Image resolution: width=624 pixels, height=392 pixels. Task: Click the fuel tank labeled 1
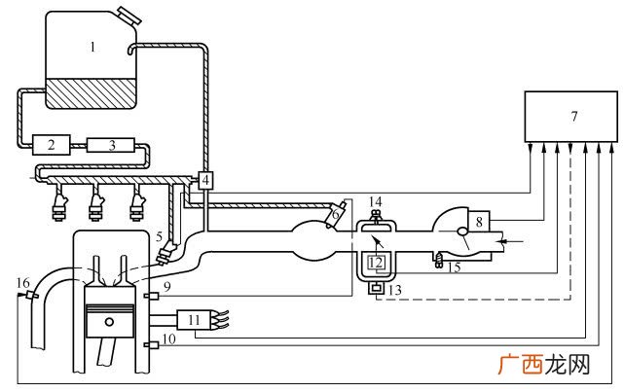click(92, 59)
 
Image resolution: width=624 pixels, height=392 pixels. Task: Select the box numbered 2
click(52, 145)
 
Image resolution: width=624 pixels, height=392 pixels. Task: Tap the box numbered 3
click(111, 145)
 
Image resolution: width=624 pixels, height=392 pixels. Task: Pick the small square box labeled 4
click(205, 181)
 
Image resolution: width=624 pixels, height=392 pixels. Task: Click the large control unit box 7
click(571, 117)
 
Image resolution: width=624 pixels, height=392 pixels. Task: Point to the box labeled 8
click(479, 221)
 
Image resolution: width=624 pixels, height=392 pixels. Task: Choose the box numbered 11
click(194, 320)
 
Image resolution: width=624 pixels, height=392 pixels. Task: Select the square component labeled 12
click(376, 263)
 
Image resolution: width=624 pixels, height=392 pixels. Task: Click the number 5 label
click(160, 237)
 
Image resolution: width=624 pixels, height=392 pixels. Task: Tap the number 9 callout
click(166, 286)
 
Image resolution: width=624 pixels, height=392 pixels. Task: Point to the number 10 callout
click(169, 339)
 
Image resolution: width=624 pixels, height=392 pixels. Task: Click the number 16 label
click(23, 283)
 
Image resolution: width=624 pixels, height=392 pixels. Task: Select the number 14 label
click(375, 202)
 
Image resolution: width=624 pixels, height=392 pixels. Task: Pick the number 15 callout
click(454, 267)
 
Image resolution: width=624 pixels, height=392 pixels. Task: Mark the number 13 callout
click(394, 290)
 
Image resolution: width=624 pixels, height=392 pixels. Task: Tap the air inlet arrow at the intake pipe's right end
click(511, 241)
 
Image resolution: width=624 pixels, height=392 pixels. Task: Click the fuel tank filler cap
click(130, 16)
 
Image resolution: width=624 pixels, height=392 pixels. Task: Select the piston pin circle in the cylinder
click(109, 321)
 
